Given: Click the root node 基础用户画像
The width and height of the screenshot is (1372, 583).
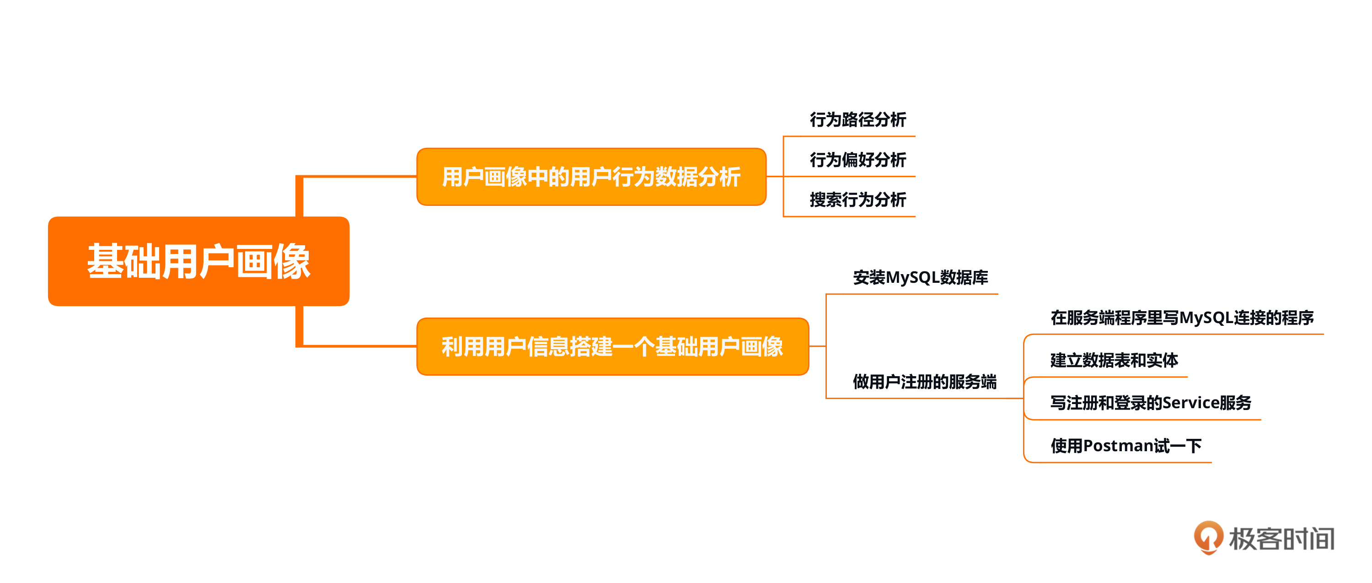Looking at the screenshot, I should coord(198,261).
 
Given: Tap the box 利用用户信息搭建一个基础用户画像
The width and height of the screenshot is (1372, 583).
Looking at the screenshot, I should coord(612,347).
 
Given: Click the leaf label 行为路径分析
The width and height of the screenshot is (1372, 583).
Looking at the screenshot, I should coord(857,120).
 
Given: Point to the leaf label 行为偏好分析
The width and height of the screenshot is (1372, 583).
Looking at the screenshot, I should coord(857,160).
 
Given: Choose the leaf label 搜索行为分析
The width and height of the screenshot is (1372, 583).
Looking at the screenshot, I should coord(857,200).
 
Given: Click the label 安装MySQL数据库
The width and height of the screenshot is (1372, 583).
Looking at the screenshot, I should coord(920,278).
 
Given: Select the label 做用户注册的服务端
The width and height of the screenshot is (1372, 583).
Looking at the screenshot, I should coord(924,382).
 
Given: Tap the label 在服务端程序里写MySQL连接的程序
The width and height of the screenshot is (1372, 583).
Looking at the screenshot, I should coord(1182,318).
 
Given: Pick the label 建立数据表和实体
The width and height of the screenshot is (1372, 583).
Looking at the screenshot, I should coord(1114,361).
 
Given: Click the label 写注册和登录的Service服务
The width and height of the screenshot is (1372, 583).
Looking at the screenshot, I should coord(1151,403).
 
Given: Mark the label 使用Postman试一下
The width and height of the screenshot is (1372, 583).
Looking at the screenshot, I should coord(1125,446).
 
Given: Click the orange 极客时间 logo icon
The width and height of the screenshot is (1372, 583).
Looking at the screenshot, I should coord(1208,537).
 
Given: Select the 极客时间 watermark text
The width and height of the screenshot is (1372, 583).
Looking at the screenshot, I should coord(1281,539).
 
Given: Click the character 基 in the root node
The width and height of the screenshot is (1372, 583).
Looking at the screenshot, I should coord(106,261).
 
